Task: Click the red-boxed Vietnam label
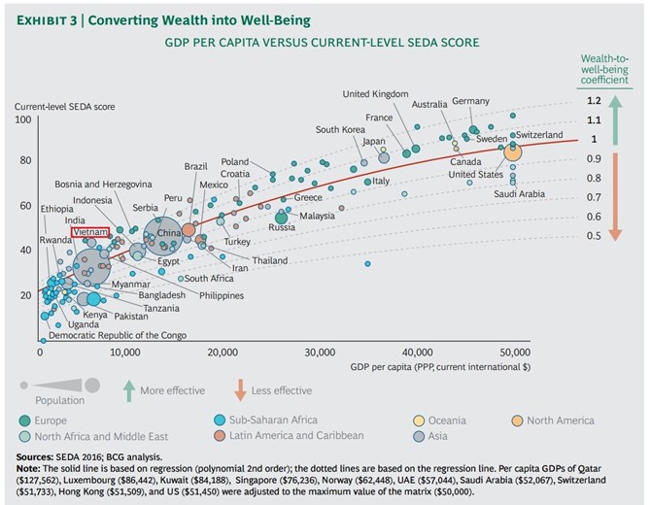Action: [90, 232]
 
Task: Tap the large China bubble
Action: [163, 237]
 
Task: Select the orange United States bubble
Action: [513, 152]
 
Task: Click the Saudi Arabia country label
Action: [519, 194]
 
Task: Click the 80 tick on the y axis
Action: [25, 160]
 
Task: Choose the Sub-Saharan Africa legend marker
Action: [220, 420]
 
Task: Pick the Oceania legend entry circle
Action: [419, 421]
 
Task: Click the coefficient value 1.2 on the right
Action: [594, 101]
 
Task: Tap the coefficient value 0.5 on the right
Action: [594, 236]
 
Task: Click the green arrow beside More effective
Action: [129, 390]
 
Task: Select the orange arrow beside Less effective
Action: [240, 390]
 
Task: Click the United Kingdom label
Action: [375, 94]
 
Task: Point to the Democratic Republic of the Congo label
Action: [118, 335]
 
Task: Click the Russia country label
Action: [282, 227]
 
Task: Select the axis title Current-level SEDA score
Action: [65, 107]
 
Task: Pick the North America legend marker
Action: [517, 421]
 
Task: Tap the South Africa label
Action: [209, 279]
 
